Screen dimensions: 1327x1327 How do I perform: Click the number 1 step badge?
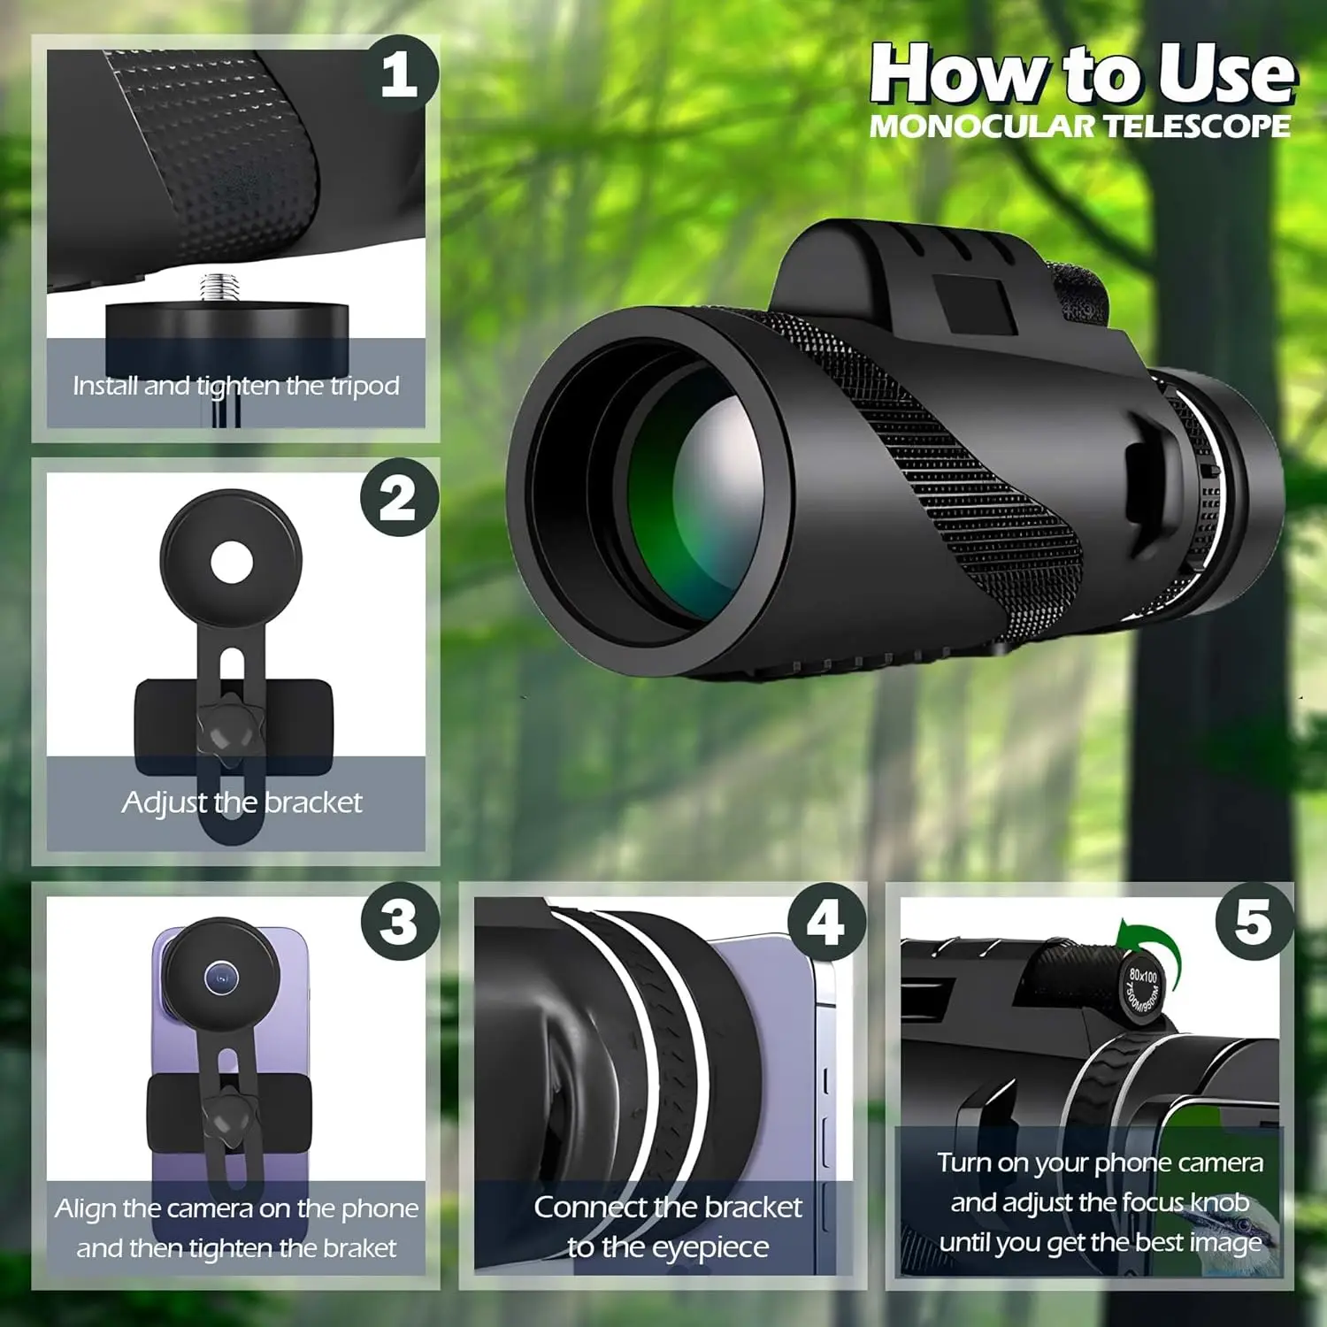400,74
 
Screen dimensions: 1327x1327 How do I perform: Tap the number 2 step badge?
400,498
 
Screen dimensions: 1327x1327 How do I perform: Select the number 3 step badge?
400,921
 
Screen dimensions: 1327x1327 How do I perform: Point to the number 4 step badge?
826,922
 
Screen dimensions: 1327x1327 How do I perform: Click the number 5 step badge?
1254,921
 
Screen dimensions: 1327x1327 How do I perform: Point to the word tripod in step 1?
365,387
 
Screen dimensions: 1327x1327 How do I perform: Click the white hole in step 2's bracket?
232,562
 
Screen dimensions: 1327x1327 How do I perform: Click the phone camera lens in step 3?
221,978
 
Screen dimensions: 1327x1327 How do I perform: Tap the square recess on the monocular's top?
973,307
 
